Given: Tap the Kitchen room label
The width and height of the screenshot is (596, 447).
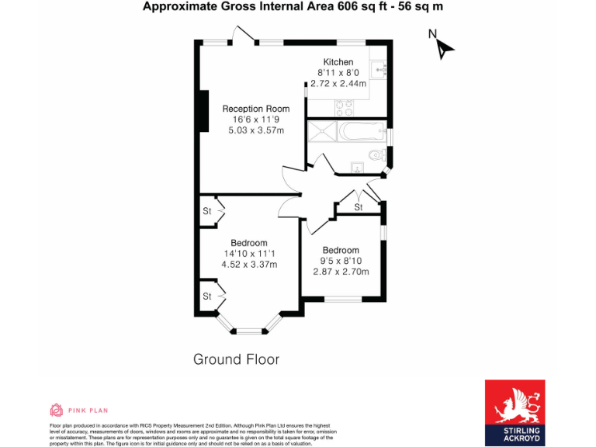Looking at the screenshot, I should point(338,62).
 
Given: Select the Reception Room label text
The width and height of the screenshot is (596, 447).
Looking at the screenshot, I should point(256,109).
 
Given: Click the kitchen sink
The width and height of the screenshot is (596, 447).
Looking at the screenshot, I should point(380,71).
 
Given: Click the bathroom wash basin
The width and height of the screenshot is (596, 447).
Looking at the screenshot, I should point(356,166).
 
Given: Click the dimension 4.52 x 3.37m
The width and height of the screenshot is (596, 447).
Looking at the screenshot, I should point(249,264).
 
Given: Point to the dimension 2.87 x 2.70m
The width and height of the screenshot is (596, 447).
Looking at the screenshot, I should point(341,271).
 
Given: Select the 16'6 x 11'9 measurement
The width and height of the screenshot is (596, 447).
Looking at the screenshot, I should point(255,120).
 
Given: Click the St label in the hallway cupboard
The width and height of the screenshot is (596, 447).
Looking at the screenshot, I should point(358,208).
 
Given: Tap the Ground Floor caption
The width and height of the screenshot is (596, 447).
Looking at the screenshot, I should point(236,359).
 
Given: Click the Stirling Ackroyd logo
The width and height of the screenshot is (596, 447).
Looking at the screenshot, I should point(515,412).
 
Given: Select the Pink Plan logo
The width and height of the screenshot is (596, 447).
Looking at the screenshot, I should point(78,410).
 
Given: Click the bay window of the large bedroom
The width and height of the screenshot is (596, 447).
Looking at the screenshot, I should point(248,330).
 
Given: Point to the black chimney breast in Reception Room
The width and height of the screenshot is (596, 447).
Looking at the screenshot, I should point(204,112).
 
